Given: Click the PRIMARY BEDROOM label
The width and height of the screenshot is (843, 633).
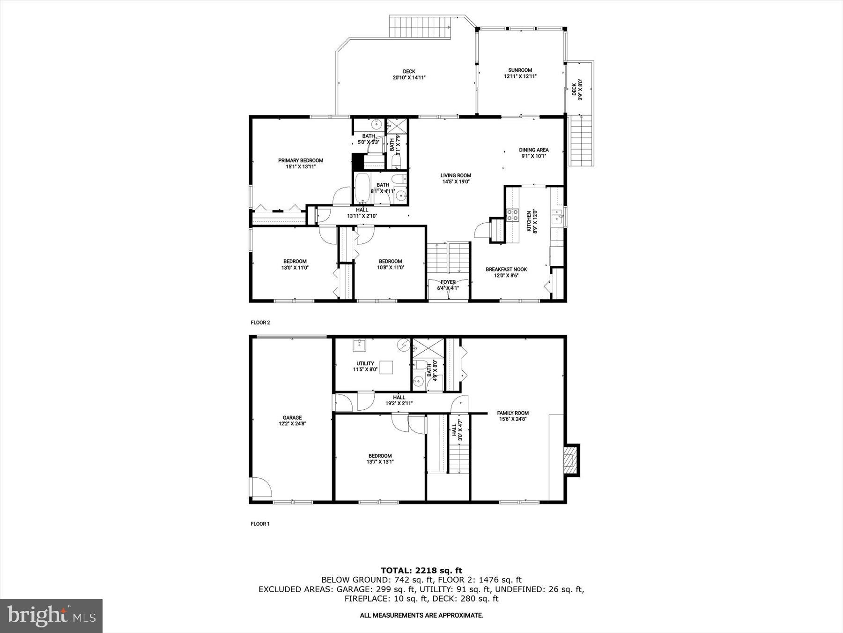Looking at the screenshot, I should pyautogui.click(x=300, y=160).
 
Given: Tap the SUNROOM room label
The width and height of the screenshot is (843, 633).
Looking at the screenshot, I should pyautogui.click(x=520, y=70).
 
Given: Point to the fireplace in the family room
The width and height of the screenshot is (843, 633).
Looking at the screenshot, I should pyautogui.click(x=571, y=460).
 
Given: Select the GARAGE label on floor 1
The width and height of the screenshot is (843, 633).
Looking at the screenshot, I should pyautogui.click(x=292, y=417).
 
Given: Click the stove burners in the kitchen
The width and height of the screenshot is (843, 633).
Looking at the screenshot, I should pyautogui.click(x=512, y=215).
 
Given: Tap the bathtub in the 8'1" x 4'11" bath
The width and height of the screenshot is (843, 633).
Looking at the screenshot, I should pyautogui.click(x=362, y=188).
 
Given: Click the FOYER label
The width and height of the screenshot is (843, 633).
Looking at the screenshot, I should pyautogui.click(x=448, y=282).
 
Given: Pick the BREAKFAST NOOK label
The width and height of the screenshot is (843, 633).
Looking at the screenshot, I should pyautogui.click(x=506, y=270).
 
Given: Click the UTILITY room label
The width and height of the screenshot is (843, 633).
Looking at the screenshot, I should pyautogui.click(x=365, y=363).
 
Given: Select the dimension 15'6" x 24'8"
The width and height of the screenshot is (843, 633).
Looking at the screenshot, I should pyautogui.click(x=513, y=419).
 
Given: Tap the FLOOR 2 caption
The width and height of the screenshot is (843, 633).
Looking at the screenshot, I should pyautogui.click(x=260, y=323).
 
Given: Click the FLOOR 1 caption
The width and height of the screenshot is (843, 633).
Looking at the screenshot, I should pyautogui.click(x=260, y=524).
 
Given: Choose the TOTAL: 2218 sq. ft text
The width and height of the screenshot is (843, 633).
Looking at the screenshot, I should pyautogui.click(x=421, y=570).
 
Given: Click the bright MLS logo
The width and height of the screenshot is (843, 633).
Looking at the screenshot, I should pyautogui.click(x=51, y=616).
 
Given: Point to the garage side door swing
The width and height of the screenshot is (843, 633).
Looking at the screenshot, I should pyautogui.click(x=261, y=487).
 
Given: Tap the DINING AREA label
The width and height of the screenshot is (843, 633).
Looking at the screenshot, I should pyautogui.click(x=533, y=150).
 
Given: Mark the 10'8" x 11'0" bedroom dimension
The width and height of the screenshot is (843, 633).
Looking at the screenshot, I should pyautogui.click(x=390, y=268).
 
